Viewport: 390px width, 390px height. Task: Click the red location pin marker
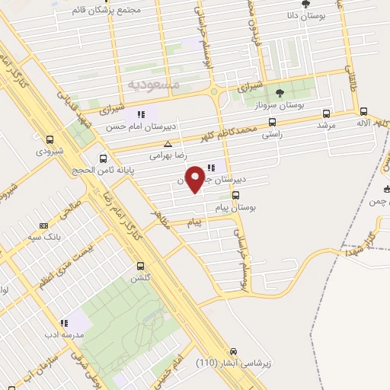[x=197, y=178]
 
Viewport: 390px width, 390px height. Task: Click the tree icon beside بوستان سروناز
[x=280, y=93]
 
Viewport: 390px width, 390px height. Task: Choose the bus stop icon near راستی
[x=272, y=121]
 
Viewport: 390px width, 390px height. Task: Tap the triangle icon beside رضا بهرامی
[x=168, y=143]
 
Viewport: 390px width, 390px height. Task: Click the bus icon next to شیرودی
[x=50, y=139]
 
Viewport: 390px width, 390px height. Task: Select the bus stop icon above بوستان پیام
[x=235, y=194]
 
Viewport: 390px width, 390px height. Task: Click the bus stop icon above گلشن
[x=141, y=266]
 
